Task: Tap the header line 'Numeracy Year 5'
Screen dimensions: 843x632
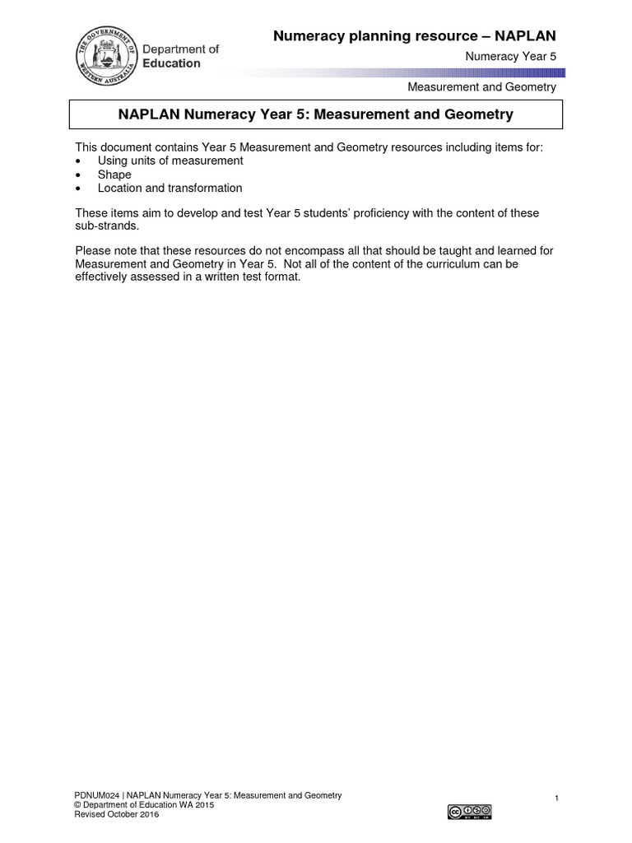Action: [x=510, y=56]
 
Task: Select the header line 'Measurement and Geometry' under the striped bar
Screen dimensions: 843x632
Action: [x=481, y=87]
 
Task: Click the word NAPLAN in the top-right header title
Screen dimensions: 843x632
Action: [x=525, y=35]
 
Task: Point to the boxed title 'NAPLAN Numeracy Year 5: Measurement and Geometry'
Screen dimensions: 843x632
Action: [x=315, y=114]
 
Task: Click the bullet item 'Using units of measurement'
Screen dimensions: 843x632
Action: [x=170, y=161]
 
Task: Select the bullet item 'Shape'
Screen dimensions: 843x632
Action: [x=114, y=175]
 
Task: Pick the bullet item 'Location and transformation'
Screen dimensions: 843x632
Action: [x=170, y=188]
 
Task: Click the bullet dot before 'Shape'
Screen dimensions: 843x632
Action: [x=78, y=175]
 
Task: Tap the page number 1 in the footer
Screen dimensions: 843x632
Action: [x=557, y=799]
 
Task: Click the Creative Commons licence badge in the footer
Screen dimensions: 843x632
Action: [x=469, y=812]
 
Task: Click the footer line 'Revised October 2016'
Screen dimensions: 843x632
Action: [x=117, y=815]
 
